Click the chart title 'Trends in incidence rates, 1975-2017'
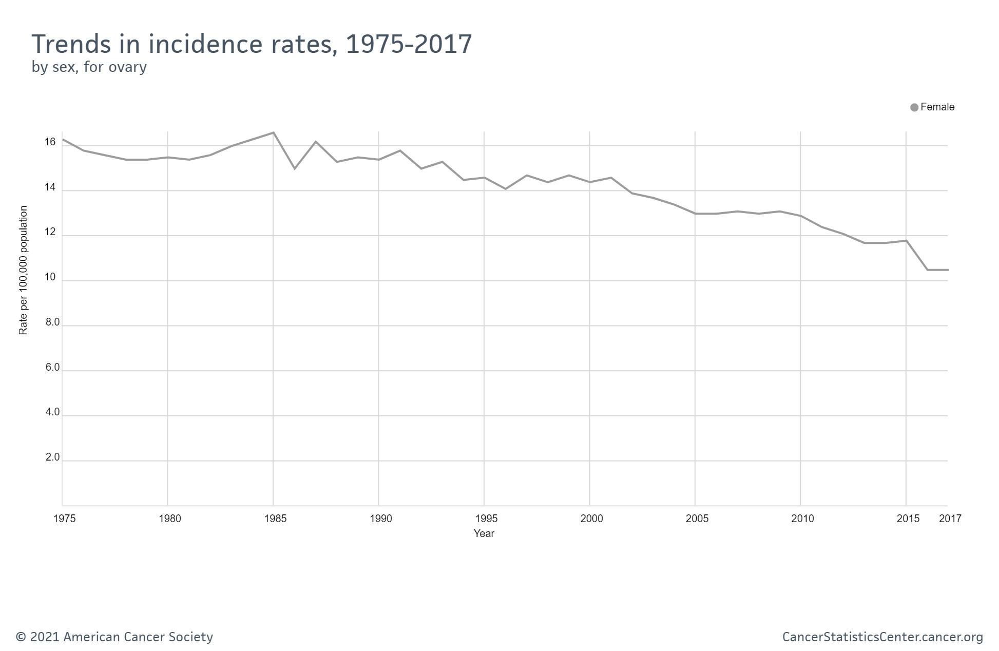(x=252, y=44)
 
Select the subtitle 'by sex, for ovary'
(x=89, y=67)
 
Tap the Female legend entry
(x=932, y=107)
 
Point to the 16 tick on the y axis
(x=50, y=142)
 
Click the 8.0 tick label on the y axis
(x=52, y=322)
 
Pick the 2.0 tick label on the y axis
(x=52, y=457)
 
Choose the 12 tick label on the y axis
(x=50, y=232)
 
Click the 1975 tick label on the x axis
(x=65, y=519)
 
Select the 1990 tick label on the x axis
(x=380, y=519)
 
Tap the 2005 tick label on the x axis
(x=697, y=519)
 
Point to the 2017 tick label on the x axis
(x=950, y=519)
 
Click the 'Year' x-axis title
(x=484, y=534)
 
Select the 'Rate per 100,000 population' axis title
(x=23, y=271)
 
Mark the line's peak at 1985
(x=274, y=132)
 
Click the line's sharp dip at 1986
(x=295, y=168)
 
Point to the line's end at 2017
(x=947, y=270)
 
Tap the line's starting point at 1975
(x=63, y=139)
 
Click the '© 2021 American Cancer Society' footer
(x=114, y=637)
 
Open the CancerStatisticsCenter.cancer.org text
(x=882, y=637)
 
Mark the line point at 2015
(x=906, y=241)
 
